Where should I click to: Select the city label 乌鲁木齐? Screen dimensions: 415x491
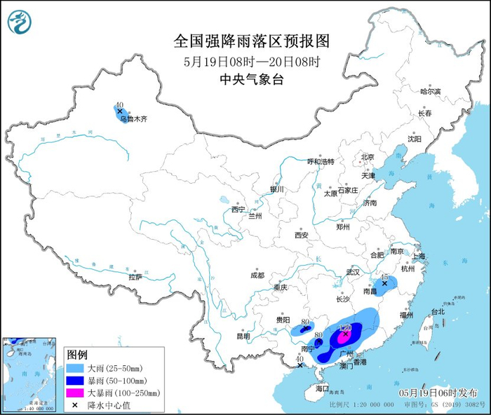coord(133,119)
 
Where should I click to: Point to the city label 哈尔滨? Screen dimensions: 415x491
coord(430,91)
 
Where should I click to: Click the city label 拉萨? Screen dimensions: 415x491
coord(135,277)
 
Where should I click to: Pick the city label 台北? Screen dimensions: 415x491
coord(438,311)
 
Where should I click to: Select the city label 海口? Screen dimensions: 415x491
coord(322,388)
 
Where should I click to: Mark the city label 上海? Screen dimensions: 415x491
coord(419,257)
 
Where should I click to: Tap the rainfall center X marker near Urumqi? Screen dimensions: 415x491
coord(120,111)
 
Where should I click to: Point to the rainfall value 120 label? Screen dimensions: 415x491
coord(344,327)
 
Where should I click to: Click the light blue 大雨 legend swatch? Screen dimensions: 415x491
coord(76,368)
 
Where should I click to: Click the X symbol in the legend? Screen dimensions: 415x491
coord(75,404)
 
